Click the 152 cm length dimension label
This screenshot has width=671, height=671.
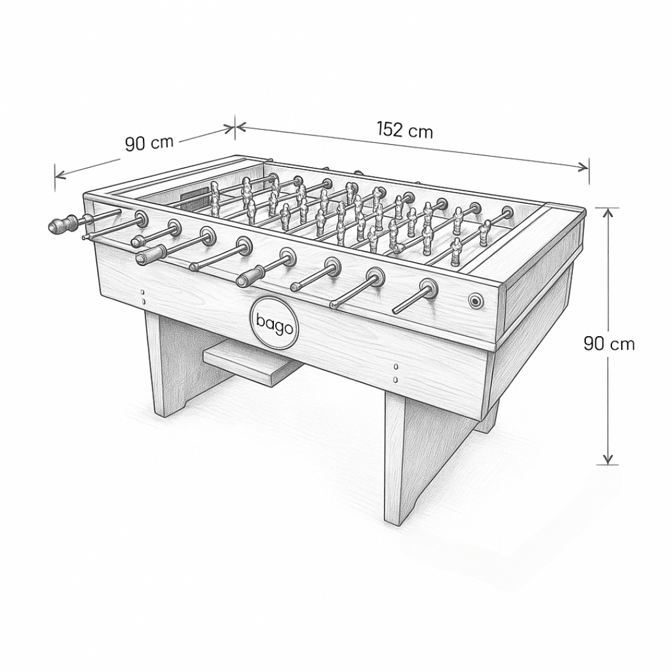tap(404, 130)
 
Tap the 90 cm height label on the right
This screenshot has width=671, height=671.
tap(609, 343)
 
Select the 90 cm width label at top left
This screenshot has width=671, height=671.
tap(149, 143)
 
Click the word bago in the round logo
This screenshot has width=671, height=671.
tap(275, 324)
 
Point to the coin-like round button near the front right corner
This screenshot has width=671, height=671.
tap(475, 301)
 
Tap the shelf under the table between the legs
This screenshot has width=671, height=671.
tap(252, 360)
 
